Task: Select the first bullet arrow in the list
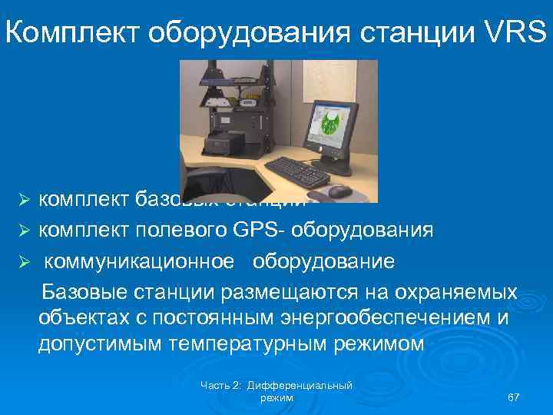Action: (x=23, y=202)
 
